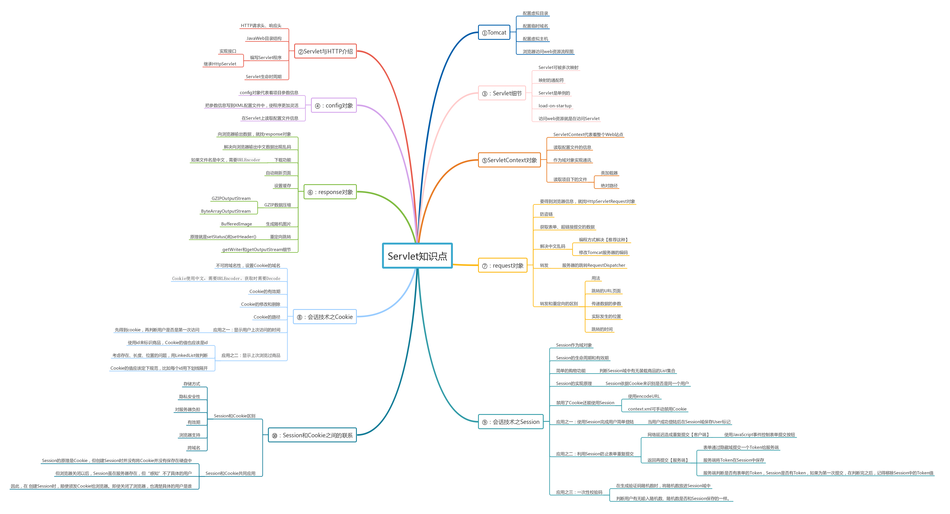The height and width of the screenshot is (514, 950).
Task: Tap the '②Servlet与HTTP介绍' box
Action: click(325, 51)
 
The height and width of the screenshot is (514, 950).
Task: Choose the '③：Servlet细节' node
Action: click(502, 93)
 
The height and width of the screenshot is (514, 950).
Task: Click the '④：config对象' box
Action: click(334, 105)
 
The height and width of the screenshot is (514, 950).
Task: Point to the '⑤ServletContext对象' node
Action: click(509, 160)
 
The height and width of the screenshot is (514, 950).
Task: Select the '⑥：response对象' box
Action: click(330, 192)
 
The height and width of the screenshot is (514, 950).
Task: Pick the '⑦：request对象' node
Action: click(503, 265)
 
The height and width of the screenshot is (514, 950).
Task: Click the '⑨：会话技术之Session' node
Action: click(511, 422)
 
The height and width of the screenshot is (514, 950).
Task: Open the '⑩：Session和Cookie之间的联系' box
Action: click(312, 435)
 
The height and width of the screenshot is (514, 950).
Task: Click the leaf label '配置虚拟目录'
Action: click(535, 13)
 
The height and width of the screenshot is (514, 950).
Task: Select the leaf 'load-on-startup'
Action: click(555, 106)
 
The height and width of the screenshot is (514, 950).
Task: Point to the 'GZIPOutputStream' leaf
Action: click(231, 198)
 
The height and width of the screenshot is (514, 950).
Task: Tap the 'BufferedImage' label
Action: click(236, 224)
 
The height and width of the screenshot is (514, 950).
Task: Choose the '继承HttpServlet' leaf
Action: click(220, 64)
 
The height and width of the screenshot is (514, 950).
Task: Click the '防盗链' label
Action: click(546, 214)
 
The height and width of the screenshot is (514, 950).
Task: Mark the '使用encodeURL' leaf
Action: click(643, 396)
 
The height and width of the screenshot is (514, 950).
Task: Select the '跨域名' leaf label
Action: click(194, 448)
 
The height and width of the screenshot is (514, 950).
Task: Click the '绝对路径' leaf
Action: click(609, 186)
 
